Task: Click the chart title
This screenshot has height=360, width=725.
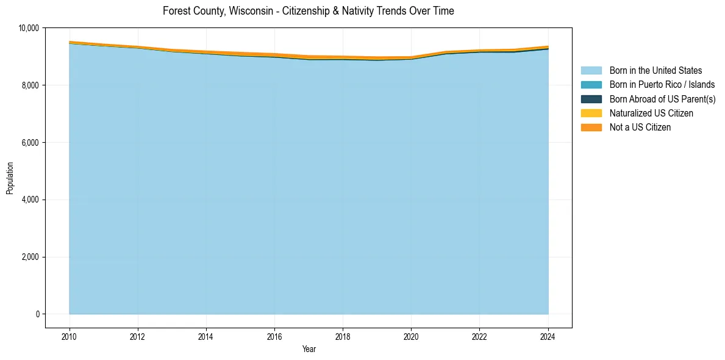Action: (308, 11)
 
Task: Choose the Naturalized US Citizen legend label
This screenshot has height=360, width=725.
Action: (651, 113)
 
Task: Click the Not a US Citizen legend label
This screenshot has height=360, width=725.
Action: (640, 128)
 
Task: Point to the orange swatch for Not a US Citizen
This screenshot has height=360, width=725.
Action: (591, 128)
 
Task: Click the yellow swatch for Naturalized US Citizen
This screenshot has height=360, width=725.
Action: (591, 113)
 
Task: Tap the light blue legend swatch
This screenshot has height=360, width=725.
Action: (591, 71)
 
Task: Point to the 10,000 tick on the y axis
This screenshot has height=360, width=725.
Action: (29, 28)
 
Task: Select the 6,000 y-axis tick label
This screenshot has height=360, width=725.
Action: (30, 143)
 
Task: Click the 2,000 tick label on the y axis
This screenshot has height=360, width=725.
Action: (30, 257)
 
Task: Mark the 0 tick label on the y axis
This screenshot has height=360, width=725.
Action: (38, 314)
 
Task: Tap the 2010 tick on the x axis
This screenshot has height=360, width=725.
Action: (70, 336)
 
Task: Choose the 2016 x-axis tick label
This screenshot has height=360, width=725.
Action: (274, 336)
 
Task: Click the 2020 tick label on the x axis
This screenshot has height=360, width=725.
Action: (411, 336)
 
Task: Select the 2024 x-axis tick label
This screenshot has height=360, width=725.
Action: (548, 336)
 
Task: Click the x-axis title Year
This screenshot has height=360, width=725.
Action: (309, 349)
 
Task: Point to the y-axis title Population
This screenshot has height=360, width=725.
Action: (10, 178)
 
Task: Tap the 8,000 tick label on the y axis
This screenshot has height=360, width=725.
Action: (30, 85)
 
